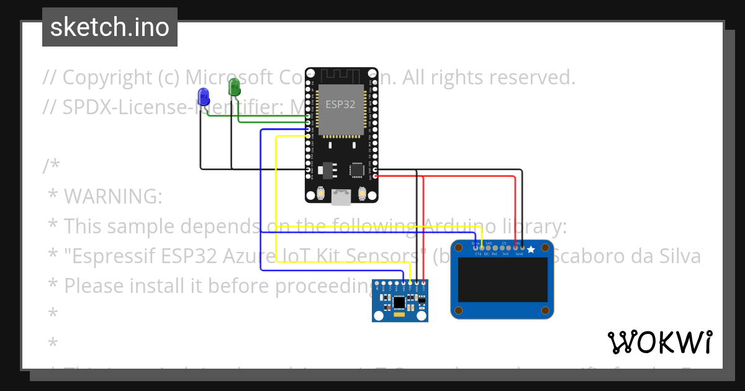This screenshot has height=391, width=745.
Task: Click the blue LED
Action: (203, 96)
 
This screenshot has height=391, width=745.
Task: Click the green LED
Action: (235, 87)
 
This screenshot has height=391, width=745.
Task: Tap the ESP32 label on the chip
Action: (341, 104)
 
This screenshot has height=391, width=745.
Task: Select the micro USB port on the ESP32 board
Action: (341, 197)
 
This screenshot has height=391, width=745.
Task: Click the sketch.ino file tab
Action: (110, 27)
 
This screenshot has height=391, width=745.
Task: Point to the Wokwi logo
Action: (659, 342)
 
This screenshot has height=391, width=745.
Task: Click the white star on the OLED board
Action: (531, 249)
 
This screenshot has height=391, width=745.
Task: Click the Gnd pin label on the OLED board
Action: (519, 254)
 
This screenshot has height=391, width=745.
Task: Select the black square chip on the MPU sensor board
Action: (399, 302)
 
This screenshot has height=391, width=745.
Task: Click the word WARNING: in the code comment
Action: (113, 197)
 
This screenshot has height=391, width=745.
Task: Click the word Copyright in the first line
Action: (98, 78)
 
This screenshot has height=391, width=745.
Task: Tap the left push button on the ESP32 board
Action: (320, 192)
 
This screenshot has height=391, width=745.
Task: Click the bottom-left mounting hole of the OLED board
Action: (459, 310)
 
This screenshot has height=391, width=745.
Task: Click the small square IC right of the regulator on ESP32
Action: (357, 169)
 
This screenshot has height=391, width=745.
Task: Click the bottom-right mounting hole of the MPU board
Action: (422, 315)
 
